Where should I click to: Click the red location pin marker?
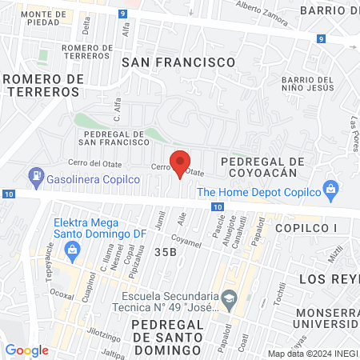coord(181,162)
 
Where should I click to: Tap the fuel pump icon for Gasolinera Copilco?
coord(36,175)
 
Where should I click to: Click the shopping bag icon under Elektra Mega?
coord(73,249)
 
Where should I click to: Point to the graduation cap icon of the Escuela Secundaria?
coord(228,298)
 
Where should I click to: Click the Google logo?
coord(27,350)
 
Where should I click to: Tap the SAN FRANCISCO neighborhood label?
coord(178,62)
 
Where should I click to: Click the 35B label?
coord(165,253)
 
